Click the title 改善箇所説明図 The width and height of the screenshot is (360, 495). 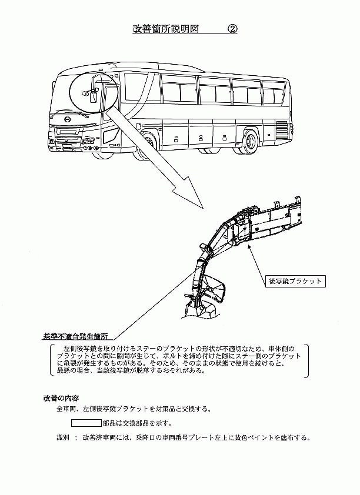pos(165,29)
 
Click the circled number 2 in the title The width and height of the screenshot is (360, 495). pos(232,29)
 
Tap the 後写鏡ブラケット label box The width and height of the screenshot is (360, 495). pos(295,280)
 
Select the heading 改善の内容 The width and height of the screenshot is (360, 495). pos(63,398)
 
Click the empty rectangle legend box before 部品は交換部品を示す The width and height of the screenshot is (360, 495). pos(86,423)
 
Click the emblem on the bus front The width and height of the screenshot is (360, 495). pos(68,119)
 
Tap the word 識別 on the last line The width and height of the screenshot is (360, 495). pos(63,438)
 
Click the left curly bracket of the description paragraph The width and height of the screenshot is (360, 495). pos(52,360)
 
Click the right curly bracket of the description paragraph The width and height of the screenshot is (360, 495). pos(306,360)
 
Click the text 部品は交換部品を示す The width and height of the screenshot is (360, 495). pos(138,423)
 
